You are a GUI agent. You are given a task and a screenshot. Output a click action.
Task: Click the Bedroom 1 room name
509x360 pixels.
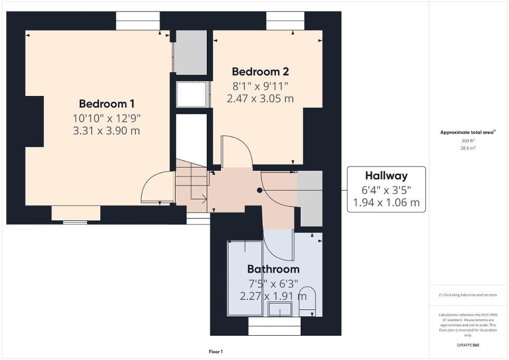coord(103,104)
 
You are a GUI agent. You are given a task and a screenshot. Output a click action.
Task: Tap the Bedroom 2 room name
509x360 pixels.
coord(260,72)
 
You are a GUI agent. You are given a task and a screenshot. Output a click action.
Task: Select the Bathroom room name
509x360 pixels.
coord(273,269)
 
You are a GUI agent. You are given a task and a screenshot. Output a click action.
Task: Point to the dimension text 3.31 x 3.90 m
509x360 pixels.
coord(106,131)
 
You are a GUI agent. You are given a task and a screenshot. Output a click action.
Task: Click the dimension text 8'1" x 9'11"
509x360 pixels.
coord(260,86)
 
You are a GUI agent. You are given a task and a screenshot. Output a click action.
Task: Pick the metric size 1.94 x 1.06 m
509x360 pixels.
coord(386,202)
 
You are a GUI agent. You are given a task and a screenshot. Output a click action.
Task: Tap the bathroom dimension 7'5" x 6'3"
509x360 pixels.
coord(273,283)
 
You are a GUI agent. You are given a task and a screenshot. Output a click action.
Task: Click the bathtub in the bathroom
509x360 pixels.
coord(245,278)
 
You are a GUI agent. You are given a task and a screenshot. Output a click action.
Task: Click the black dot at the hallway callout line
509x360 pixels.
coord(259,190)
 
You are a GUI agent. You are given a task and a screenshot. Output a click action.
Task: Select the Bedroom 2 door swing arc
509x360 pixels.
coord(234,151)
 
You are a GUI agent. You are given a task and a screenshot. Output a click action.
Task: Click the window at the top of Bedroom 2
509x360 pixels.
coord(285,21)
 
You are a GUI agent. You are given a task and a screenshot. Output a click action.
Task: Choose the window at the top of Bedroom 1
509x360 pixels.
coord(138,21)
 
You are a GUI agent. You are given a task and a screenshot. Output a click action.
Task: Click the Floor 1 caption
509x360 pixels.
coord(216,352)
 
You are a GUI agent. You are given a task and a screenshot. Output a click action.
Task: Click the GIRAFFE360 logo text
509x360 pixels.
coord(468,345)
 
